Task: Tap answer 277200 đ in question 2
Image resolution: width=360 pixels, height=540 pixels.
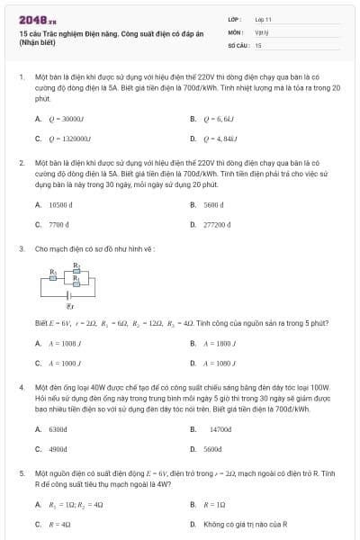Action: [x=220, y=224]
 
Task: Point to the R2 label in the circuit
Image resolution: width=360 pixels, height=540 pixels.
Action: [x=77, y=265]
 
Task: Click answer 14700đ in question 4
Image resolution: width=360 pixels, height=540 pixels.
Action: [x=220, y=429]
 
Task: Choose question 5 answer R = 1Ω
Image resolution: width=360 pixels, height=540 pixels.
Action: [x=215, y=505]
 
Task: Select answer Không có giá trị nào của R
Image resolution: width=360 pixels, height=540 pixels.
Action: [x=244, y=524]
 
